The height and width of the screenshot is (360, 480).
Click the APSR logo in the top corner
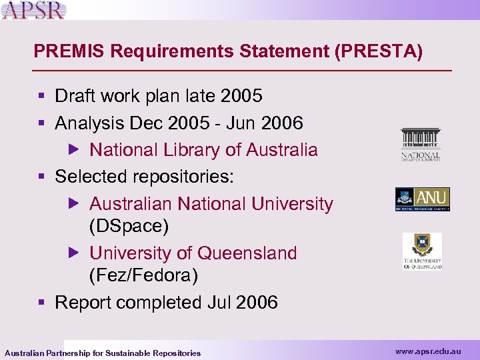[34, 9]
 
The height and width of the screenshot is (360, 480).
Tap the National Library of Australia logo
[421, 145]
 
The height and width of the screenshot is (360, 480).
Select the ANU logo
[422, 199]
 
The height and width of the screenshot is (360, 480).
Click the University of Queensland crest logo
[422, 251]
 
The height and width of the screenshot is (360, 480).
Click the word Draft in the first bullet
[74, 97]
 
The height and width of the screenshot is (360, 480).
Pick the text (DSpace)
[129, 225]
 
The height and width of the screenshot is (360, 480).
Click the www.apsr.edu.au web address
[427, 351]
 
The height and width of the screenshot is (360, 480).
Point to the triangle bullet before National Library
[75, 149]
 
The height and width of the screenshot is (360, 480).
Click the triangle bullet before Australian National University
[75, 203]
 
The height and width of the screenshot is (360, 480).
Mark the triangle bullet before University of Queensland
[75, 253]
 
